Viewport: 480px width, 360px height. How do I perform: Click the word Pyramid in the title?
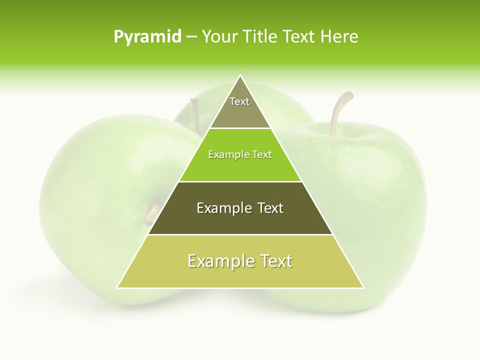coord(147,37)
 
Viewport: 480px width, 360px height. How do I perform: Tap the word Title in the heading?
coord(260,37)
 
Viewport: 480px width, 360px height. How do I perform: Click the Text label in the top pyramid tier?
coord(239,101)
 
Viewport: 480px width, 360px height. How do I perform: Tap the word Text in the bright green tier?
coord(262,155)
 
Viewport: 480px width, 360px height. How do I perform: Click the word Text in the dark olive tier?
coord(270,208)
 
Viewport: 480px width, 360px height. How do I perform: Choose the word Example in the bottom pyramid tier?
coord(220,261)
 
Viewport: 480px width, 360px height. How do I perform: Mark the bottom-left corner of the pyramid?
coord(117,287)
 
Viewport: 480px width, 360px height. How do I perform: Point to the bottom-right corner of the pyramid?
coord(363,287)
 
